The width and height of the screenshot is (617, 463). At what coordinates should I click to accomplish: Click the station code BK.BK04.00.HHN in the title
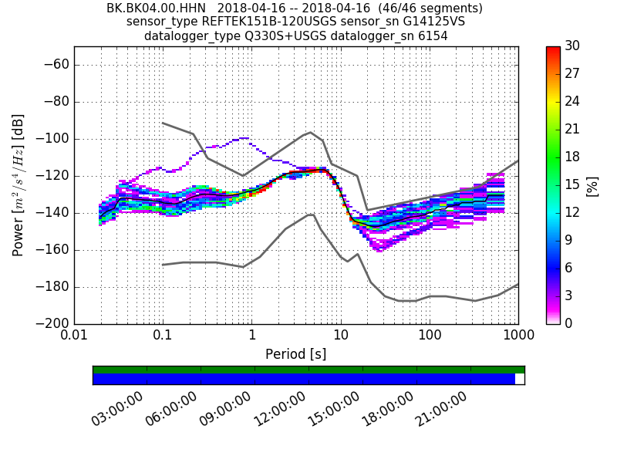click(157, 8)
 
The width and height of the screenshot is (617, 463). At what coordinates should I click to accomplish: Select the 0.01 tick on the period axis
click(74, 337)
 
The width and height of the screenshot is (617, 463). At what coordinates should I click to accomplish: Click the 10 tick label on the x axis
click(341, 337)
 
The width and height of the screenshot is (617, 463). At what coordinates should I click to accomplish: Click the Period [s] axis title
click(296, 354)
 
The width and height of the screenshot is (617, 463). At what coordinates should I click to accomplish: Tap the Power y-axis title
click(19, 185)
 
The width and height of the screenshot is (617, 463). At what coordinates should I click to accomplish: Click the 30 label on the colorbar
click(572, 46)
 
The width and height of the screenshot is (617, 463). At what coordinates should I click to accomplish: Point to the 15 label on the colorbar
click(572, 185)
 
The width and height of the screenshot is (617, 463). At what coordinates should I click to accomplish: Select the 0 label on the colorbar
click(569, 323)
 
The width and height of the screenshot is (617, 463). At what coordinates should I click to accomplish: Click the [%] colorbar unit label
click(592, 185)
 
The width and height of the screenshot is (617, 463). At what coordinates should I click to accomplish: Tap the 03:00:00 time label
click(118, 409)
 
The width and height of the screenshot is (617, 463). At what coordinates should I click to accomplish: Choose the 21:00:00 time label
click(442, 409)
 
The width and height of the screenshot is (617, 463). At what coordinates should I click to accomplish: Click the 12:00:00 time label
click(280, 409)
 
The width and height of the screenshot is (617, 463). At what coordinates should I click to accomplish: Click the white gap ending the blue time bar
click(519, 379)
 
